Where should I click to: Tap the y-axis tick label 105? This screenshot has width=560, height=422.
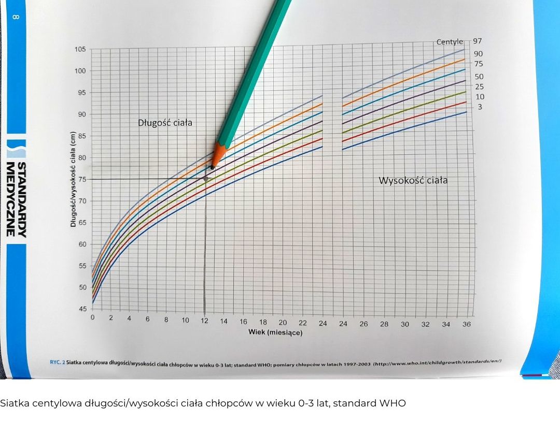tap(80, 50)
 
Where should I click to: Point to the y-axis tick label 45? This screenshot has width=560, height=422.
tap(82, 309)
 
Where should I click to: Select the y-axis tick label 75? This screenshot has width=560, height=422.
tap(82, 179)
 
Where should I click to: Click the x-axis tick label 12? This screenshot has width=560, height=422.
tap(205, 321)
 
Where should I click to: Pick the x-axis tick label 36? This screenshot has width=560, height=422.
tap(466, 324)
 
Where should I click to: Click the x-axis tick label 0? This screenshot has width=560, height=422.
tap(93, 317)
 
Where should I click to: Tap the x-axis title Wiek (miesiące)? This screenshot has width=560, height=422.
tap(275, 332)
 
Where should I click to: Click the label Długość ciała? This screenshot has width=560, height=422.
tap(165, 123)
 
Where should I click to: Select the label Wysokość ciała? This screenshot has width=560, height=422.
tap(413, 181)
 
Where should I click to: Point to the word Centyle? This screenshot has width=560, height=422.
tap(450, 42)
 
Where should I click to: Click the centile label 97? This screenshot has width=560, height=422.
tap(477, 41)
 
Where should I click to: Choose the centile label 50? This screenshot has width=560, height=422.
tap(479, 77)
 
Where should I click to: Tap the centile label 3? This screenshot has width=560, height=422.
tap(480, 107)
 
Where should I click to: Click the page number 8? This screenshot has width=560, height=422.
tap(15, 17)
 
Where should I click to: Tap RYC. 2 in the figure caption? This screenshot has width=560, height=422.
tap(56, 362)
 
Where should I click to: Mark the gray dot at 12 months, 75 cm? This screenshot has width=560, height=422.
tap(206, 179)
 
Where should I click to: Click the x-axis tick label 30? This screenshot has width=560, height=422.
tap(404, 324)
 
